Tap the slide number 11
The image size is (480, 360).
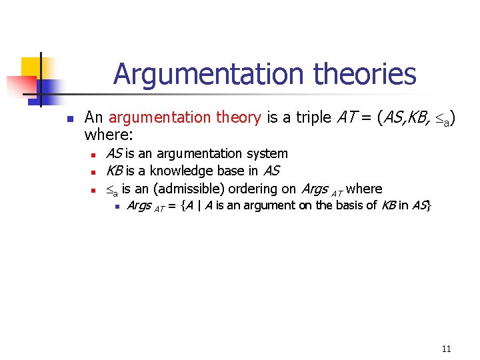coord(446,349)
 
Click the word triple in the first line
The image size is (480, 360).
coord(314,118)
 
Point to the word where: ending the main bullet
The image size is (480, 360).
coord(109,135)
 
